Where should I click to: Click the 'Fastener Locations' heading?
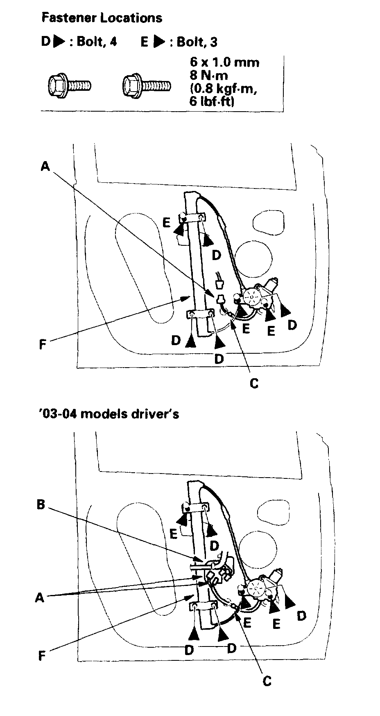tap(102, 18)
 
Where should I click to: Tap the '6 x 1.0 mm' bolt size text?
tap(224, 62)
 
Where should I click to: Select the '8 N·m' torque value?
tap(209, 75)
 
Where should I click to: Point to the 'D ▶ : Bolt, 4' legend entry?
tap(79, 42)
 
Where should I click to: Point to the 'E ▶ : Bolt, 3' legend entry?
tap(179, 42)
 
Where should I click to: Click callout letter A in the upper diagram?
tap(45, 166)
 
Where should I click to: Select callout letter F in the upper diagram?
tap(42, 345)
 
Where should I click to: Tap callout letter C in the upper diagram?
tap(254, 384)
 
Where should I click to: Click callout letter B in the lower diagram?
tap(41, 505)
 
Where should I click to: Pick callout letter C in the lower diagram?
tap(267, 681)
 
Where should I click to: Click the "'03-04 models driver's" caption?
tap(110, 414)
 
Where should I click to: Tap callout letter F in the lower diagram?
tap(41, 656)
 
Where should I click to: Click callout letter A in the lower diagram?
tap(40, 598)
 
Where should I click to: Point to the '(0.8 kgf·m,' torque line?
tap(223, 88)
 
